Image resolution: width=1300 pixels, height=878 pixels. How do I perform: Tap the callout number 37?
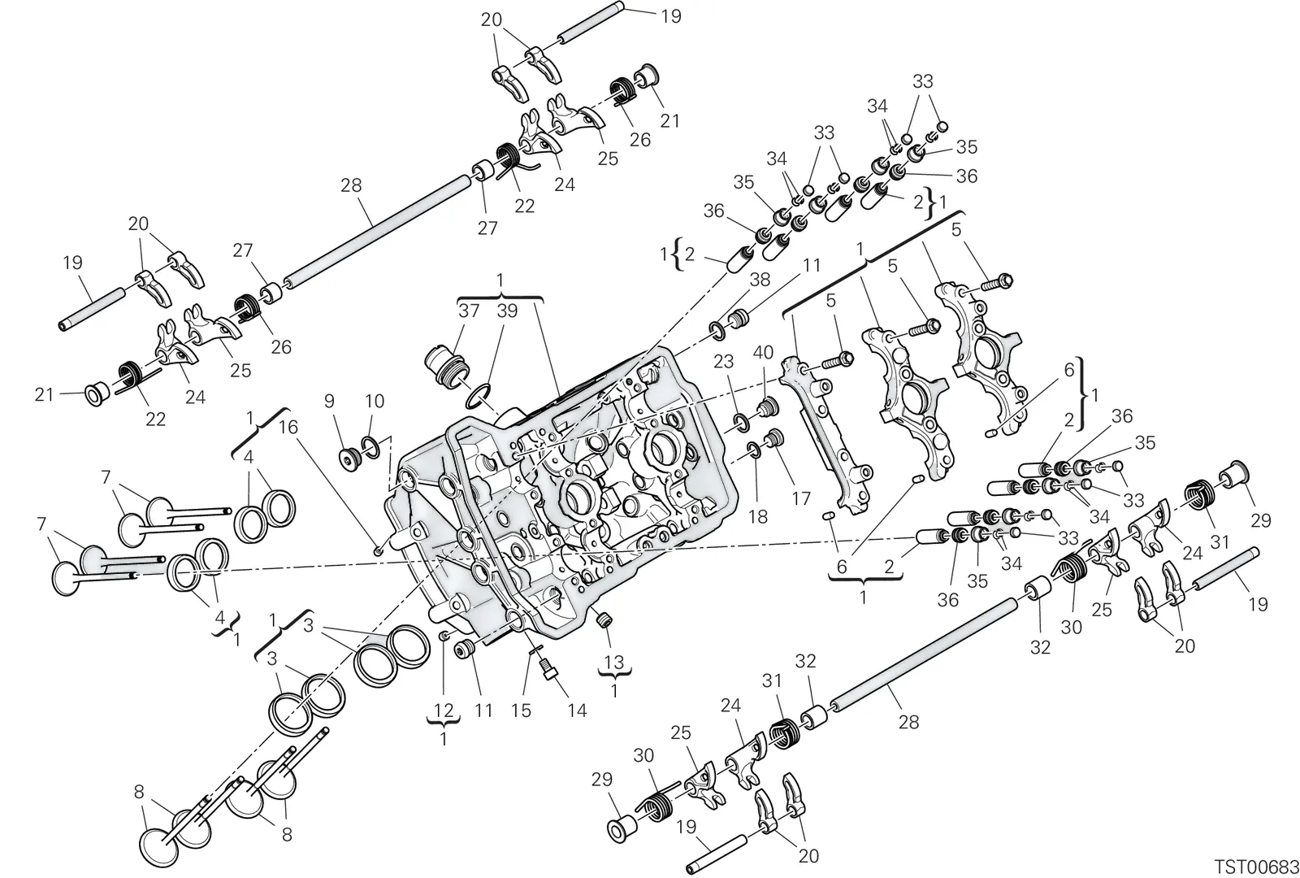(469, 311)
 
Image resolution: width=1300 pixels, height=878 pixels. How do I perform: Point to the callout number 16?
(288, 428)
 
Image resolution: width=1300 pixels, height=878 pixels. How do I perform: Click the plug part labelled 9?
(351, 460)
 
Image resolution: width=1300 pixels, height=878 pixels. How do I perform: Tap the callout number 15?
(521, 711)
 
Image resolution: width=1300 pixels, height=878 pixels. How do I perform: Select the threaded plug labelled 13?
(604, 621)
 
